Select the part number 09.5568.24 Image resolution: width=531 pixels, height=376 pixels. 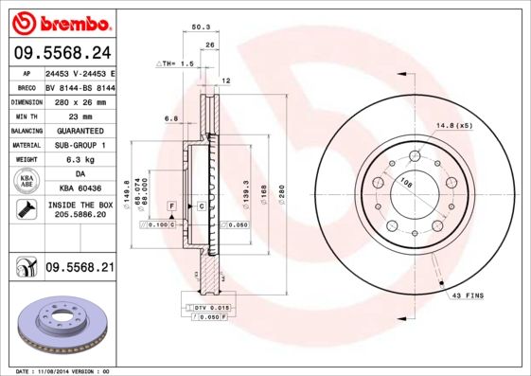(x=62, y=54)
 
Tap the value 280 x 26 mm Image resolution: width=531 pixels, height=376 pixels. (x=80, y=100)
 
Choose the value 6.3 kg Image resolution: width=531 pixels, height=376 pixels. (x=80, y=160)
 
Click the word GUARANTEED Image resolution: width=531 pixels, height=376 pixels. (x=80, y=130)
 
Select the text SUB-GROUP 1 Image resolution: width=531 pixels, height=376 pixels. (x=80, y=145)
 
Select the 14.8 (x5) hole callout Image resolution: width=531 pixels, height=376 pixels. (x=453, y=126)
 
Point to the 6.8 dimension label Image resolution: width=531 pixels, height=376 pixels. (x=171, y=118)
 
